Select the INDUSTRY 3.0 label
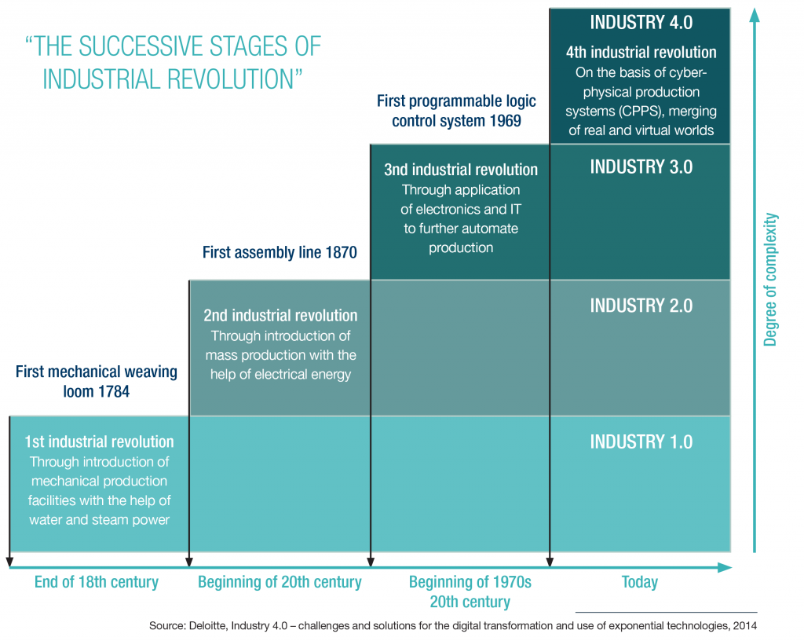641,167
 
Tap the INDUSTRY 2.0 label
641,305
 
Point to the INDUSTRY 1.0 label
641,441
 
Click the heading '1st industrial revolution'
99,441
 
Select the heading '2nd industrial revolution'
280,316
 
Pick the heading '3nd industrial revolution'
461,170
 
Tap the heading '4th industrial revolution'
641,53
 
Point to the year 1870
340,252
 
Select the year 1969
505,121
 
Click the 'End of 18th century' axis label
97,582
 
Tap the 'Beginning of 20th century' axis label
280,582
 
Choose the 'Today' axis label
639,582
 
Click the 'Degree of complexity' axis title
770,279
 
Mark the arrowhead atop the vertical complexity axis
755,14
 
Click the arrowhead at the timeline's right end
725,566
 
